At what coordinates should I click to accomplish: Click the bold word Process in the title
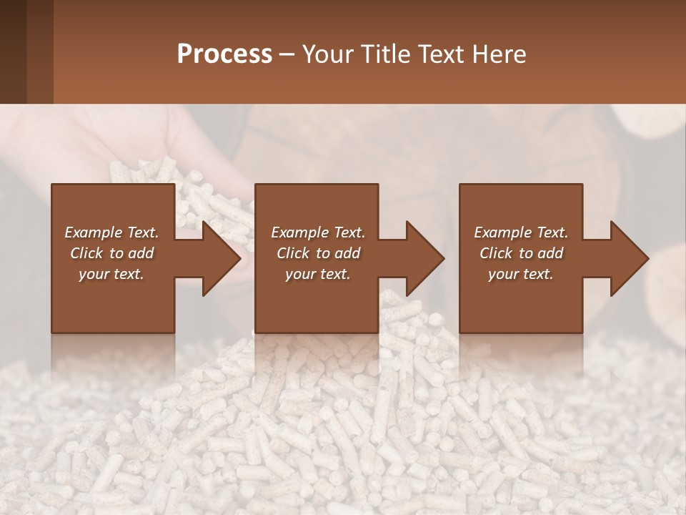(224, 54)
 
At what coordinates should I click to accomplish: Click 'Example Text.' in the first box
(111, 232)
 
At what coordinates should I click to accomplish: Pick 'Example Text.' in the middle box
(318, 232)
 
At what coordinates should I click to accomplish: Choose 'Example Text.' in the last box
(521, 232)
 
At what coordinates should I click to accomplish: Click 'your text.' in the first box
(111, 274)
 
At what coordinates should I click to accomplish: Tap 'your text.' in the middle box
(318, 274)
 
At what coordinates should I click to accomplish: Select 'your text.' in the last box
(521, 274)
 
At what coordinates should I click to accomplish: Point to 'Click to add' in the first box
(111, 253)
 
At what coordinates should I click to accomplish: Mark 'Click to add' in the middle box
(318, 253)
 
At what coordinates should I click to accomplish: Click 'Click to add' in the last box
(521, 253)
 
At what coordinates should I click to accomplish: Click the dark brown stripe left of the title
(13, 51)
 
